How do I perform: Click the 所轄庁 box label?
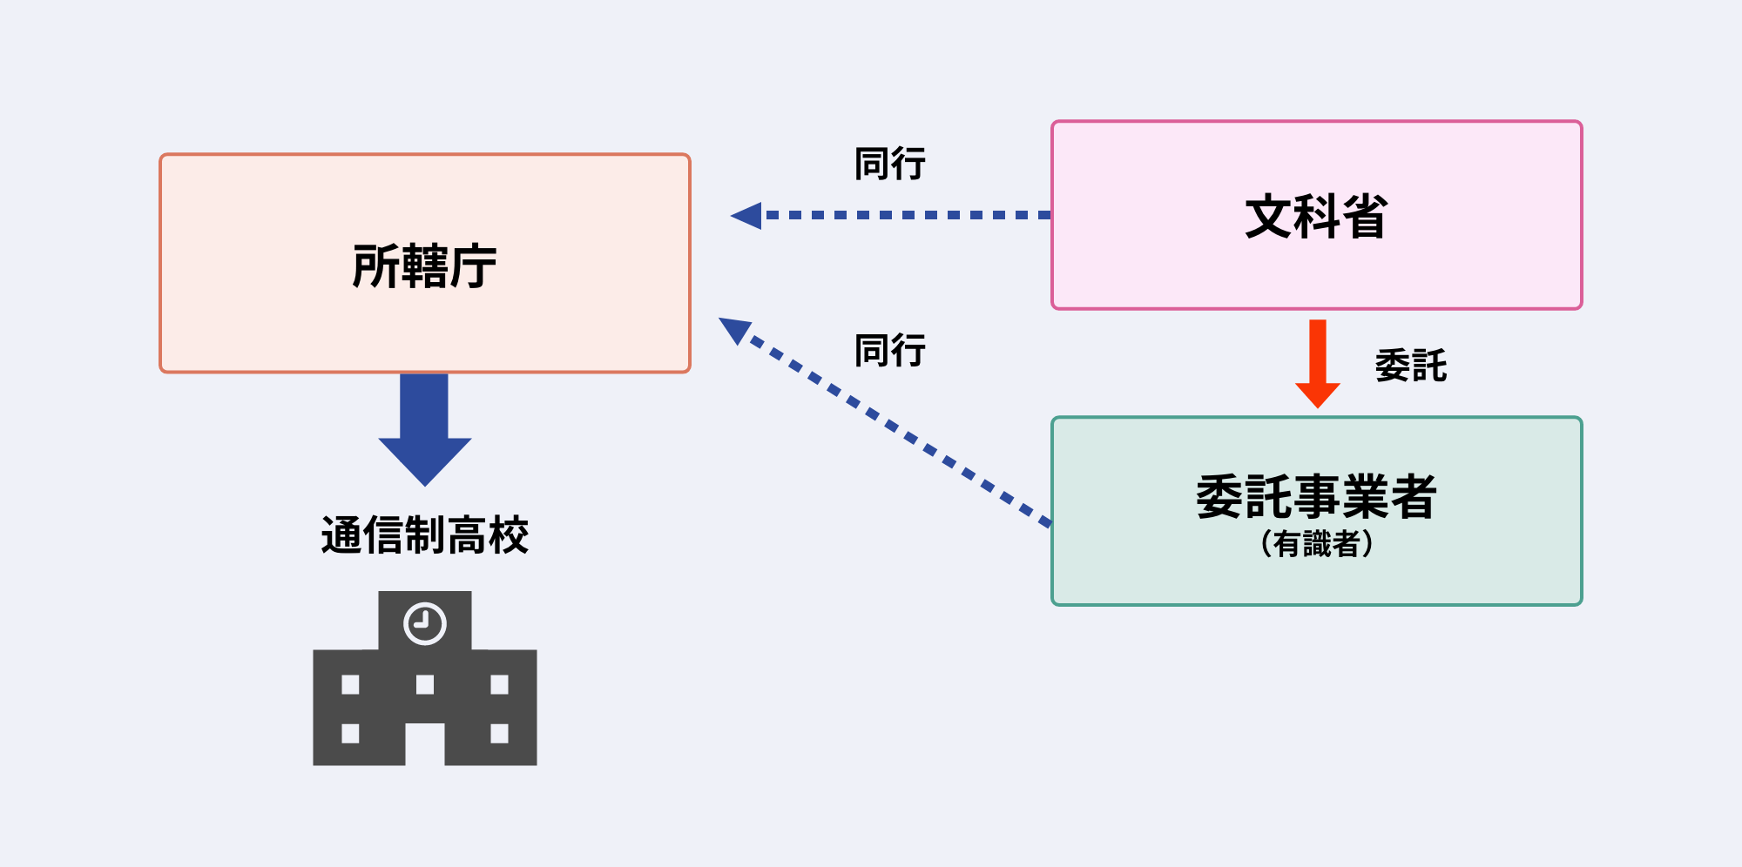(424, 265)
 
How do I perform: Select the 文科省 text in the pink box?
(1316, 217)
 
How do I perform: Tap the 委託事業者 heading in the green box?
(1316, 497)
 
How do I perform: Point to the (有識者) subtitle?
(1316, 544)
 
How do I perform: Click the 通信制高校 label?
(424, 534)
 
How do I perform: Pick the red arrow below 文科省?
(1317, 361)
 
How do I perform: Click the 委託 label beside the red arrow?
(1410, 366)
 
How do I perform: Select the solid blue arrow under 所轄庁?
(424, 427)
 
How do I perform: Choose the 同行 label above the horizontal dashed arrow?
(889, 164)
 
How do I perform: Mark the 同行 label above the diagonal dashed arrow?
(889, 351)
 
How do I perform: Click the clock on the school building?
(425, 623)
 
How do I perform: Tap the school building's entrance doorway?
(425, 744)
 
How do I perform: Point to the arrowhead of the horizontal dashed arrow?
(747, 215)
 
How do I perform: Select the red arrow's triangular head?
(1317, 393)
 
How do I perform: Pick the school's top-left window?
(350, 684)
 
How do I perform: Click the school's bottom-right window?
(499, 733)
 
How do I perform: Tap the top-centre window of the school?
(425, 684)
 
